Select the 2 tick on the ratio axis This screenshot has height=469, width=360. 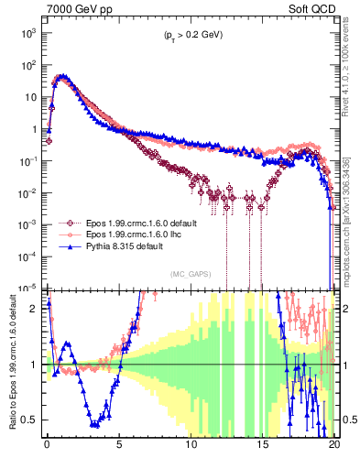click(x=35, y=309)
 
